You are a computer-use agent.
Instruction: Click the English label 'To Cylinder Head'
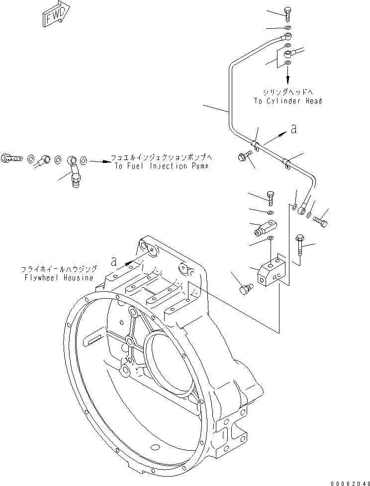287,101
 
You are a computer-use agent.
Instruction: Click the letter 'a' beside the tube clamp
293,129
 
